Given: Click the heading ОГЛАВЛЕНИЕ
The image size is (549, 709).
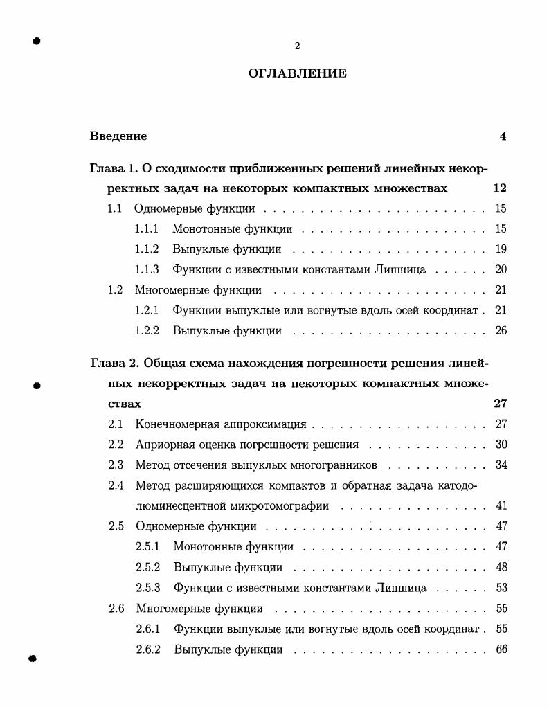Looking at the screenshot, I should click(297, 73).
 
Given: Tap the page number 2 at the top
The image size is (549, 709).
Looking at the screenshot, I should click(297, 46).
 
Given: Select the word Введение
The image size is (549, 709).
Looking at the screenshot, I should click(118, 136).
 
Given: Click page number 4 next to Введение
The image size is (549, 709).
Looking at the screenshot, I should click(503, 136).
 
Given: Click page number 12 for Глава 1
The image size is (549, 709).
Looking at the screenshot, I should click(500, 188).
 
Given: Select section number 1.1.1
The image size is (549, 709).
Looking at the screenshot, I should click(147, 228).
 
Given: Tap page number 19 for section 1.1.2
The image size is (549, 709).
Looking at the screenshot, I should click(501, 249).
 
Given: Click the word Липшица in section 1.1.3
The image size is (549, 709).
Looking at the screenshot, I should click(402, 269).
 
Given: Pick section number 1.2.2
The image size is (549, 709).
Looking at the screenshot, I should click(147, 330).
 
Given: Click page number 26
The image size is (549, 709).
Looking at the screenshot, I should click(501, 330).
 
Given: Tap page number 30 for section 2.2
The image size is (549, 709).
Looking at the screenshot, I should click(502, 445).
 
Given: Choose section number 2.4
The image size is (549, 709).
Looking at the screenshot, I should click(116, 485).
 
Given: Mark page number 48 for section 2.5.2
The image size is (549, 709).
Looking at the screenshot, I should click(502, 568).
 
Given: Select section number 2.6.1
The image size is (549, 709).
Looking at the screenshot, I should click(148, 629).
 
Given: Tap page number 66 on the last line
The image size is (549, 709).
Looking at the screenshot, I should click(502, 649).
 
